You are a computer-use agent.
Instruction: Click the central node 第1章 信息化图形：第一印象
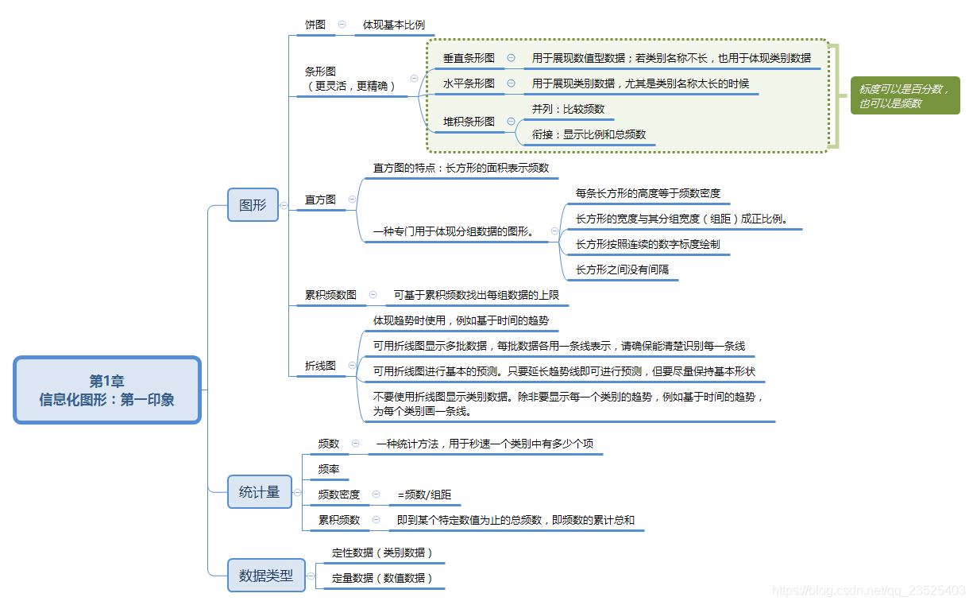tap(107, 390)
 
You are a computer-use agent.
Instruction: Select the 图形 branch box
tap(253, 204)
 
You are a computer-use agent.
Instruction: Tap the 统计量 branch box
tap(259, 492)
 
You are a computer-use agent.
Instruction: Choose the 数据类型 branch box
tap(265, 575)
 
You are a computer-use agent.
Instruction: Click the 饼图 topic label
tap(315, 25)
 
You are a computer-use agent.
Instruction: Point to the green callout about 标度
tap(904, 95)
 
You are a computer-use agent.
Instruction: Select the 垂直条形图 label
tap(469, 58)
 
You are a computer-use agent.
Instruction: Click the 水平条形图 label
tap(469, 83)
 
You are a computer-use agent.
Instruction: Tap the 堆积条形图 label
tap(469, 122)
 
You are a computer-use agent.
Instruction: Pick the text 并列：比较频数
tap(568, 109)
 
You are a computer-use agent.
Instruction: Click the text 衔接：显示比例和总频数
tap(589, 134)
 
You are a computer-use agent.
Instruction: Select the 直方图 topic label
tap(320, 200)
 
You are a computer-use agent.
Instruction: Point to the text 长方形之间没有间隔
tap(622, 270)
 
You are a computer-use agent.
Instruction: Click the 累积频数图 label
tap(330, 295)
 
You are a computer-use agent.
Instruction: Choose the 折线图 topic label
tap(320, 366)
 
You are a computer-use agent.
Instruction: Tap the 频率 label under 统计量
tap(328, 469)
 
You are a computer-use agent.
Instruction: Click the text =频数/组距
tap(424, 494)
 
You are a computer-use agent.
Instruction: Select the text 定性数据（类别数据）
tap(382, 553)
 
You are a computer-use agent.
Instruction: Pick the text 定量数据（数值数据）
tap(382, 578)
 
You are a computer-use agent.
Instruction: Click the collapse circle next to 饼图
tap(342, 25)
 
